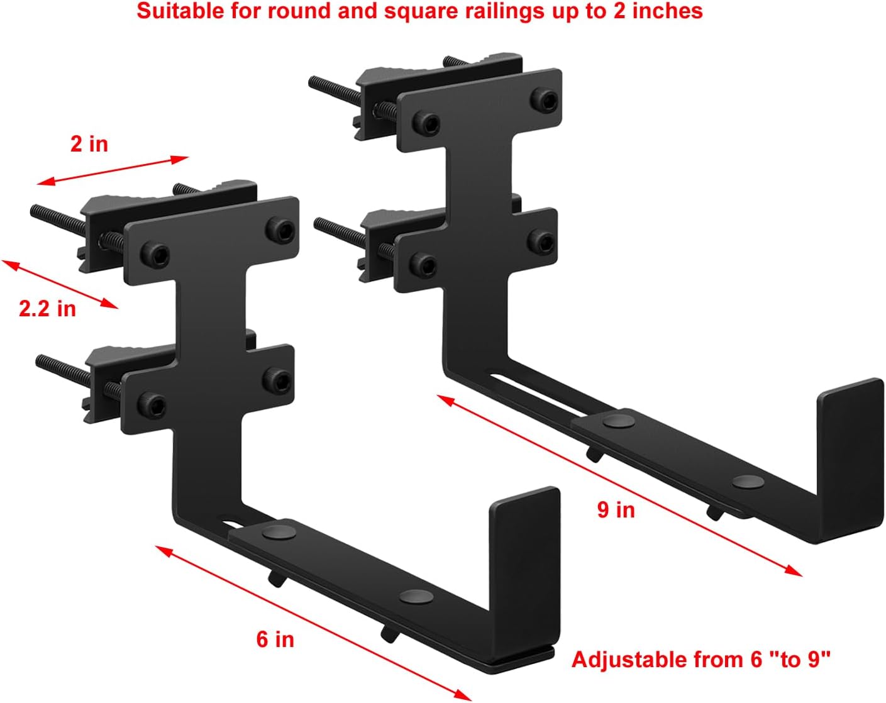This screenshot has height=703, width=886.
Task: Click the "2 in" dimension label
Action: click(89, 144)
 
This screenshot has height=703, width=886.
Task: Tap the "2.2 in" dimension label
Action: click(47, 308)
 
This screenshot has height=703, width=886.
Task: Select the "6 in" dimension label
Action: click(275, 639)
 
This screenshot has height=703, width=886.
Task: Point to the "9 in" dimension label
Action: click(616, 509)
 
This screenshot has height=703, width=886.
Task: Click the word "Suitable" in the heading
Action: click(172, 11)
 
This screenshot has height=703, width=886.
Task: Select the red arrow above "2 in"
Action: click(113, 171)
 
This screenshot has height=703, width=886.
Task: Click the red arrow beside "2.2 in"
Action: click(60, 285)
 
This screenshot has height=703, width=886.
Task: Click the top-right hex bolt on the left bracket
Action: click(279, 226)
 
